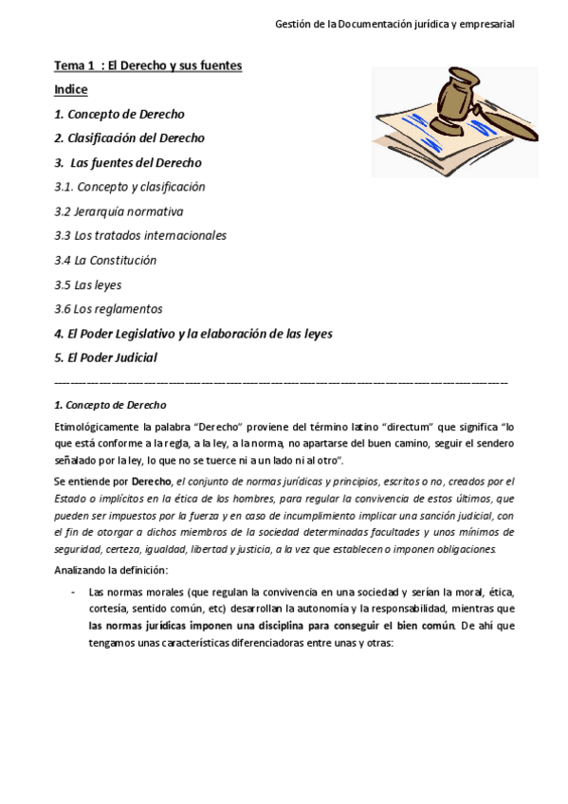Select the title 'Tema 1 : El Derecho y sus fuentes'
pyautogui.click(x=147, y=65)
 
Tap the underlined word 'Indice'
pyautogui.click(x=71, y=89)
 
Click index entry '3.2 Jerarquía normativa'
pyautogui.click(x=119, y=211)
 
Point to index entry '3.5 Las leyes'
pyautogui.click(x=88, y=284)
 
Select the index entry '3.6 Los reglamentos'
pyautogui.click(x=108, y=309)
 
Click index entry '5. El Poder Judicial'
pyautogui.click(x=105, y=357)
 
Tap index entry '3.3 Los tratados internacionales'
pyautogui.click(x=140, y=235)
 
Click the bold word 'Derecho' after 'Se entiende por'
pyautogui.click(x=152, y=482)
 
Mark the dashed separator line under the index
pyautogui.click(x=282, y=381)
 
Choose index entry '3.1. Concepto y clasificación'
pyautogui.click(x=130, y=187)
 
